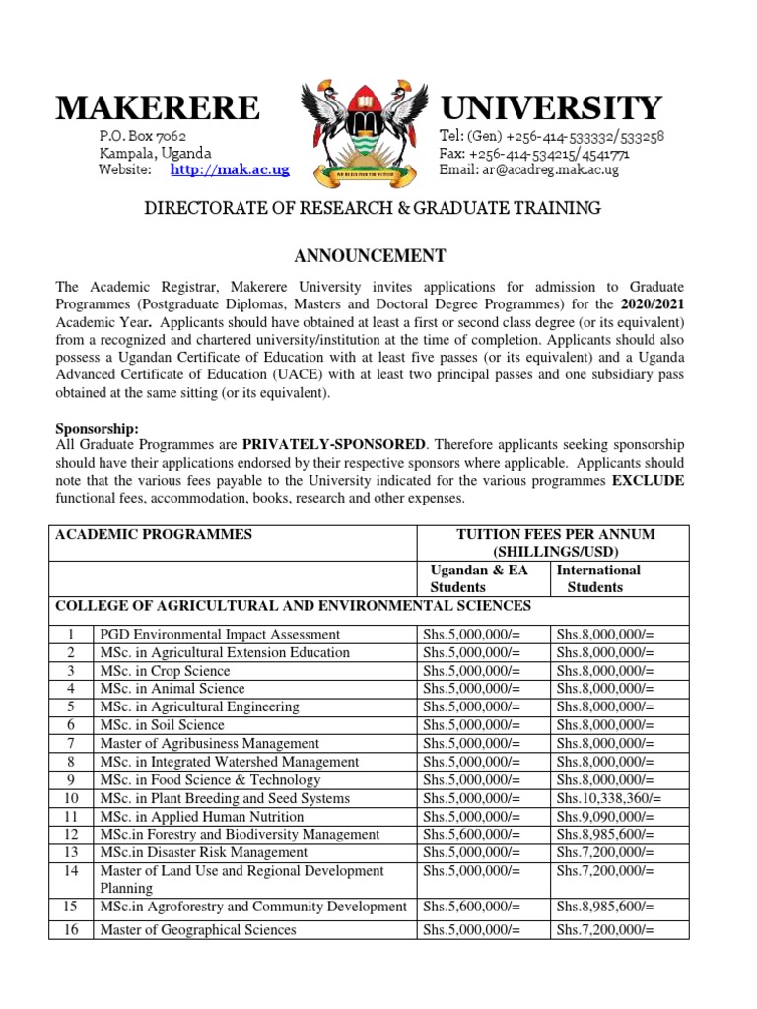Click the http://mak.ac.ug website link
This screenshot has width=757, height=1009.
(230, 169)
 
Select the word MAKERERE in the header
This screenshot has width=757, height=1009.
(158, 108)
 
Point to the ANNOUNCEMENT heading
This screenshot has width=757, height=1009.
(371, 256)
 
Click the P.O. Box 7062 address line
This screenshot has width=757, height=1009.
(142, 136)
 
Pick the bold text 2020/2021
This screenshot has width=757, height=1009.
(653, 305)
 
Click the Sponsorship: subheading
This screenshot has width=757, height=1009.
(97, 428)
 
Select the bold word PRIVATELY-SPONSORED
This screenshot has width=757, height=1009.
(334, 444)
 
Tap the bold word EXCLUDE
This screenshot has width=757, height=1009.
(648, 481)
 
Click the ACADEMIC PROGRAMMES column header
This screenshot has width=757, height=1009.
(153, 535)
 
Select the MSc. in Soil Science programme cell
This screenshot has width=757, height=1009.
(159, 725)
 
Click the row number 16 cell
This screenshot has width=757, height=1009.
(70, 929)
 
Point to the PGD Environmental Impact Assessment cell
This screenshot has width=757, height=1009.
(220, 634)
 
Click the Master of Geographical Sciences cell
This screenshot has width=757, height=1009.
(197, 929)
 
